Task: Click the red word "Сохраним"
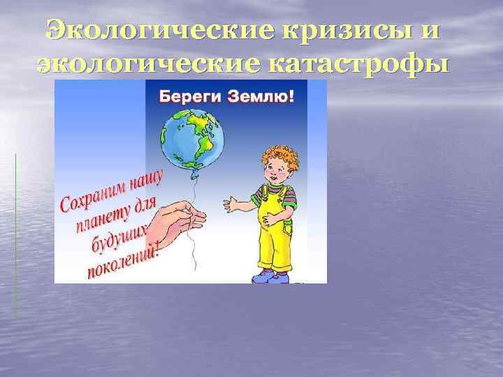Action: point(91,196)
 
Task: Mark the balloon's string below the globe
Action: point(192,188)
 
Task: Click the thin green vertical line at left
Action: point(15,230)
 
